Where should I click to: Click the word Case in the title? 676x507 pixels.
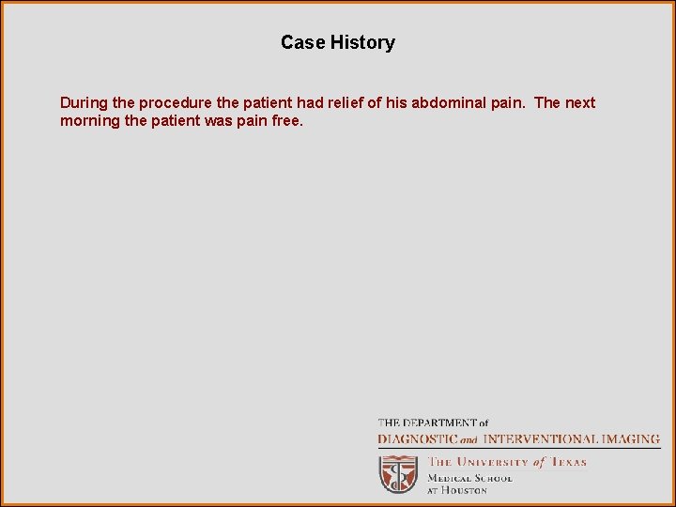302,42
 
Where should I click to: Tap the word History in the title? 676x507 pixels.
362,42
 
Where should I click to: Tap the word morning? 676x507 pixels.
89,121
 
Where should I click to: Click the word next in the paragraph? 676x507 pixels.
579,102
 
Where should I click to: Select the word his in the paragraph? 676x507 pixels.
395,102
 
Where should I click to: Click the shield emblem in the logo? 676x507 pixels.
398,474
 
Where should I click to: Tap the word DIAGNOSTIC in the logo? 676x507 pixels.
418,438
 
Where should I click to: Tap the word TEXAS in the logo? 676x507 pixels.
567,462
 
